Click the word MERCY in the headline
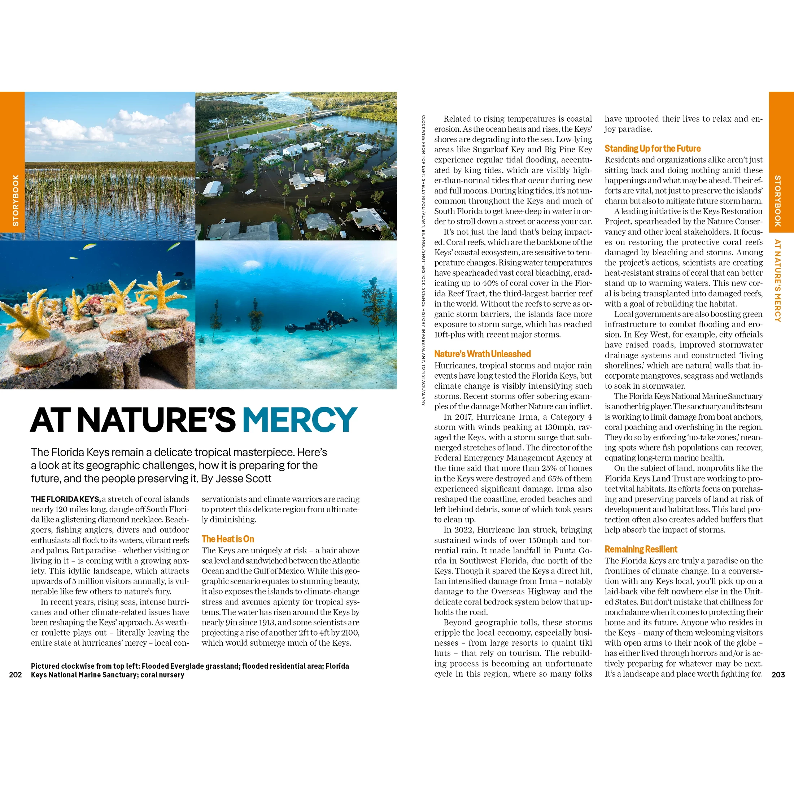[299, 420]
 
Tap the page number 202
[15, 675]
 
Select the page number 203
[778, 675]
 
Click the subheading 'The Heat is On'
[228, 539]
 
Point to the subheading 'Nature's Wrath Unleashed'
[482, 354]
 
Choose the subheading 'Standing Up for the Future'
[652, 148]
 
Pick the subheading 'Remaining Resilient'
[641, 549]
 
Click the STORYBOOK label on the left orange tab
[16, 200]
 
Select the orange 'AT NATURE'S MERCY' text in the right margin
[777, 281]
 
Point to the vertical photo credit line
[423, 261]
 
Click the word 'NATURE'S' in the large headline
[156, 420]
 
